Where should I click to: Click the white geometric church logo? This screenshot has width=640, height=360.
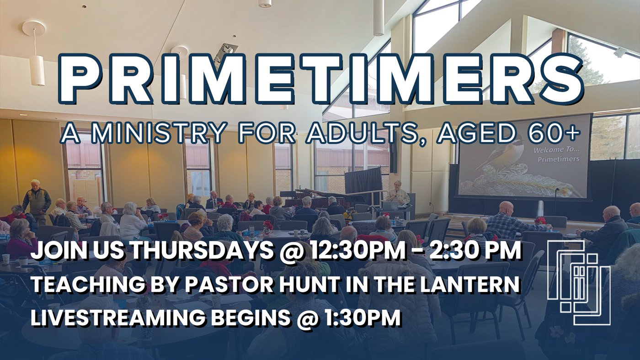[x=579, y=283]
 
